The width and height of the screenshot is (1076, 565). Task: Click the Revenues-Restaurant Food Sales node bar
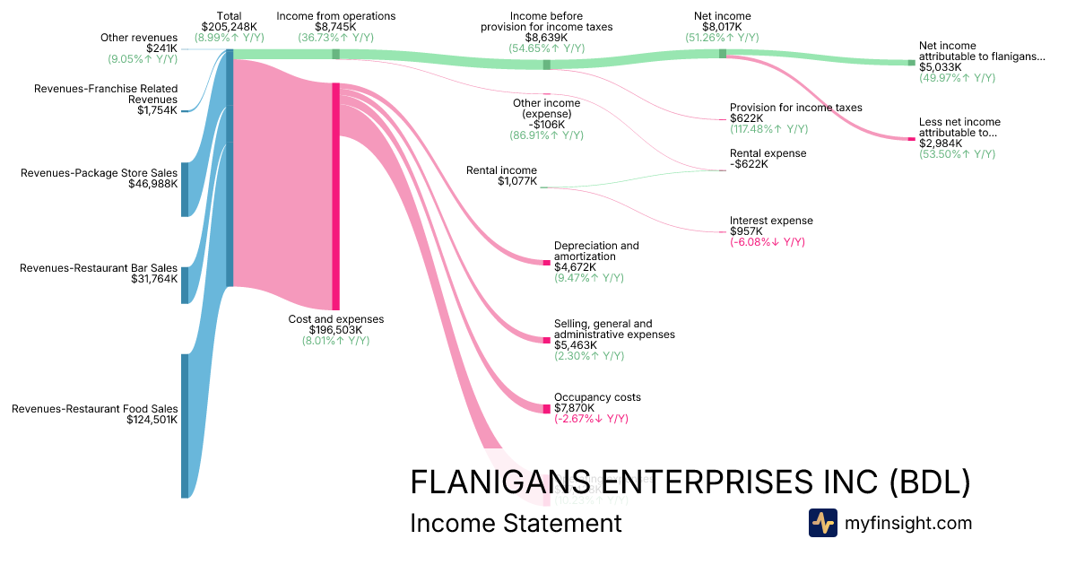[x=185, y=425]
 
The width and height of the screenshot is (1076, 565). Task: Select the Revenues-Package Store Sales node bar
[x=185, y=189]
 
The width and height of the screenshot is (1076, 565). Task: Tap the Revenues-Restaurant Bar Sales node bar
[x=185, y=284]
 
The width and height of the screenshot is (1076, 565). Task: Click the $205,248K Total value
[x=229, y=27]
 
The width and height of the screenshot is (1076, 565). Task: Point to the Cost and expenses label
[x=335, y=319]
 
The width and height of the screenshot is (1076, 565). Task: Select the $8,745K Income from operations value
[x=335, y=27]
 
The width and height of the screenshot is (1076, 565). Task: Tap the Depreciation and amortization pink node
[x=546, y=262]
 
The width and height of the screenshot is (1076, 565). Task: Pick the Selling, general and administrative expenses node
[x=546, y=340]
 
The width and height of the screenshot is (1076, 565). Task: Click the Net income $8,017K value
[x=722, y=27]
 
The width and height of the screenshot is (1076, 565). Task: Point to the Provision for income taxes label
[x=795, y=108]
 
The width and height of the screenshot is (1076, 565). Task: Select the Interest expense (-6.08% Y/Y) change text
[x=767, y=242]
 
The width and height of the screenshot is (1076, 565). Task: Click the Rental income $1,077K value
[x=517, y=181]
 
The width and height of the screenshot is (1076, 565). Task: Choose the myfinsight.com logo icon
[x=822, y=523]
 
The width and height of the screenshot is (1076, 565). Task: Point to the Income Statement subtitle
[x=515, y=523]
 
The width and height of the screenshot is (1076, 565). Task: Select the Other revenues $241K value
[x=161, y=48]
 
